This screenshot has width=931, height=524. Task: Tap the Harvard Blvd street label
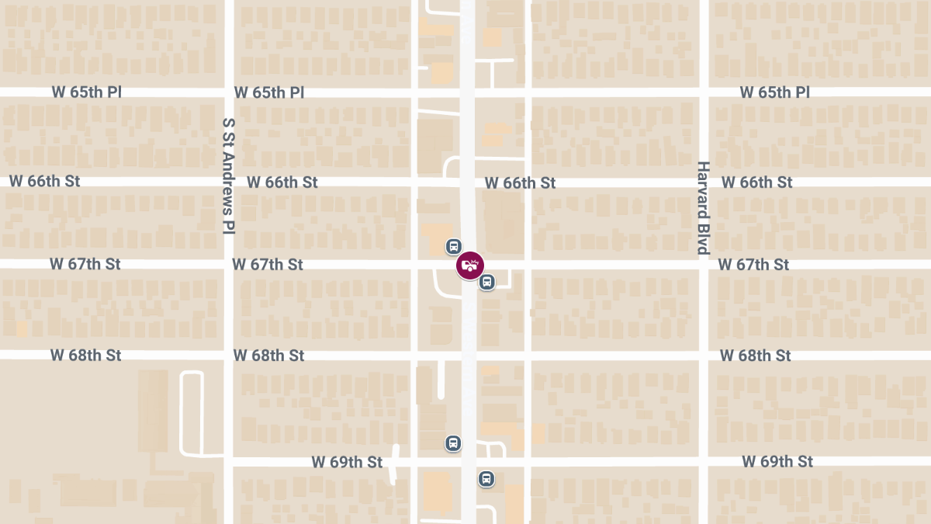pyautogui.click(x=703, y=208)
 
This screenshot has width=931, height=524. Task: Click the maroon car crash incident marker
pyautogui.click(x=469, y=265)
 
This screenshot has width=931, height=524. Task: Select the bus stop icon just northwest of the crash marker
pyautogui.click(x=453, y=247)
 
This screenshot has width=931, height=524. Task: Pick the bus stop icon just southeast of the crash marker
pyautogui.click(x=486, y=282)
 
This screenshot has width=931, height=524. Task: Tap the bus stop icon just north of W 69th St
pyautogui.click(x=453, y=443)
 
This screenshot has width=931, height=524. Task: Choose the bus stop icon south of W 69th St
pyautogui.click(x=486, y=479)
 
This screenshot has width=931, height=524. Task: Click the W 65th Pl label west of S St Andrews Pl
pyautogui.click(x=87, y=92)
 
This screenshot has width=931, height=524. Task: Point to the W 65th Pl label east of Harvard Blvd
pyautogui.click(x=774, y=92)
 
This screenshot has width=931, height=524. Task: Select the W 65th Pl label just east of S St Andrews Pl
pyautogui.click(x=268, y=92)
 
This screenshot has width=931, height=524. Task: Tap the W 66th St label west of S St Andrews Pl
pyautogui.click(x=45, y=182)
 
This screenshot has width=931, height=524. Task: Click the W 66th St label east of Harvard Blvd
pyautogui.click(x=756, y=182)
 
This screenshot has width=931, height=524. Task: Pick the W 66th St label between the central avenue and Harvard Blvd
pyautogui.click(x=520, y=183)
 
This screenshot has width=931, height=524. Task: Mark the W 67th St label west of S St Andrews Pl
pyautogui.click(x=85, y=264)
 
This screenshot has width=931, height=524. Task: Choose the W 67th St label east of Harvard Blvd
pyautogui.click(x=753, y=265)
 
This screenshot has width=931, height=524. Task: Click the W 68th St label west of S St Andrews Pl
pyautogui.click(x=86, y=356)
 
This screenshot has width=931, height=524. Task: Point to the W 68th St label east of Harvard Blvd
pyautogui.click(x=755, y=356)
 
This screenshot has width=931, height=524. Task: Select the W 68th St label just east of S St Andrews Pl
pyautogui.click(x=268, y=356)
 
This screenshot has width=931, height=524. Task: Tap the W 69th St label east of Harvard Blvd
pyautogui.click(x=777, y=461)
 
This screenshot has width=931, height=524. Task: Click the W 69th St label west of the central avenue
pyautogui.click(x=347, y=462)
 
